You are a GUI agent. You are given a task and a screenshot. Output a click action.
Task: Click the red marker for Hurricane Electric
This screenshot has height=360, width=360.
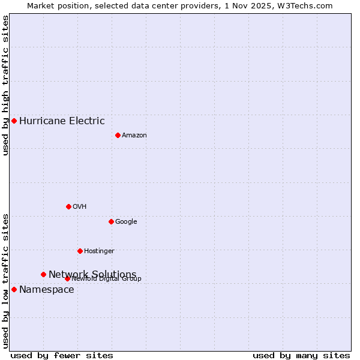14,121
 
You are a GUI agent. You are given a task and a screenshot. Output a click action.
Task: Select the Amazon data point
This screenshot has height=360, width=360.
118,135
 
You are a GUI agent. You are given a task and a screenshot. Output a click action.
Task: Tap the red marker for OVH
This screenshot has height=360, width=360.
68,206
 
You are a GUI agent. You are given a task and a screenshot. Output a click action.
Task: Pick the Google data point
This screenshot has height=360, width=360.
111,221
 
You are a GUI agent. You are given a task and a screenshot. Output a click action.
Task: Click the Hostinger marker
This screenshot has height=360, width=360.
80,251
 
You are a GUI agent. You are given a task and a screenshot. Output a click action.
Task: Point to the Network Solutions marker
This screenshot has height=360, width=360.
43,274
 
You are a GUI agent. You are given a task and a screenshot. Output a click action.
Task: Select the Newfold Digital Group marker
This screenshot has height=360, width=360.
67,278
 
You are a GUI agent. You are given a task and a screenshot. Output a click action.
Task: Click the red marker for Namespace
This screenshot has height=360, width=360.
14,289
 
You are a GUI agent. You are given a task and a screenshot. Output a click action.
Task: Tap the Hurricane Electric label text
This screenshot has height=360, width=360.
62,121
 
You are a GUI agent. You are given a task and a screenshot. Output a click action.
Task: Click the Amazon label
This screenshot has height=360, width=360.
134,135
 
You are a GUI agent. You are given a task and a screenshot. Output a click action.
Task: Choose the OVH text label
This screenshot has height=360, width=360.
80,206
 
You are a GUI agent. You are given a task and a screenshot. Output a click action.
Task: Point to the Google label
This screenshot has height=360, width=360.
126,221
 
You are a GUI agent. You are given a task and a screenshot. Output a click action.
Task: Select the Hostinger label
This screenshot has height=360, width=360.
99,251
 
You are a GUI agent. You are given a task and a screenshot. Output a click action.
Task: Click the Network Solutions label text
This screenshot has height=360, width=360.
92,274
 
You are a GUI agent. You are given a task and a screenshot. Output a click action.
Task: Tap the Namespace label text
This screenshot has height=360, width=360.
47,290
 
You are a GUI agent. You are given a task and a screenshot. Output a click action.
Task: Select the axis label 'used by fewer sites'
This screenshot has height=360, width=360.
62,355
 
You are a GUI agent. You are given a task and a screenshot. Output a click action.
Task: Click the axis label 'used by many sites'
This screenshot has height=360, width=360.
301,355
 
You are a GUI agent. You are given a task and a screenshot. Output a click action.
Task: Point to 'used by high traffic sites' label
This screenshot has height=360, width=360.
5,85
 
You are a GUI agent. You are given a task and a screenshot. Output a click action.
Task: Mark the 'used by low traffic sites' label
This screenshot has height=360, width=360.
5,280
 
